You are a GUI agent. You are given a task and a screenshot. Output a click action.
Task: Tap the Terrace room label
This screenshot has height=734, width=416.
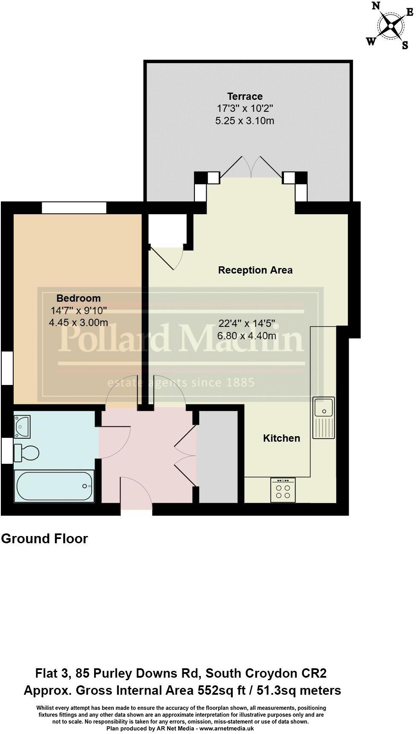coord(245,96)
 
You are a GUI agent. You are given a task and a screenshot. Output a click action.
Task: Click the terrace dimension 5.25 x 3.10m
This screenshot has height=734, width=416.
coord(245,121)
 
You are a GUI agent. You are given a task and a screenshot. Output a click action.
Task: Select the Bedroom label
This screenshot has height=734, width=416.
coord(78,298)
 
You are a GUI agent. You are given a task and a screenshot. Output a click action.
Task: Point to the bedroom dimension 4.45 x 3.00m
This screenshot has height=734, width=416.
coord(78,323)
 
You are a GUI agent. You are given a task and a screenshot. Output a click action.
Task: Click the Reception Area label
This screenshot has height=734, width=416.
coord(255,270)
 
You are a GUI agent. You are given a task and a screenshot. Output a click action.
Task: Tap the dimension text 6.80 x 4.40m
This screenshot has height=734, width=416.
coord(246,336)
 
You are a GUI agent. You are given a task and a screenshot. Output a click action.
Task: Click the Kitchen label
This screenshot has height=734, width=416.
coord(281,438)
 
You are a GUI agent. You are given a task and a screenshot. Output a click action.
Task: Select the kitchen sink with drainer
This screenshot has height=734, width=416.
coord(324,418)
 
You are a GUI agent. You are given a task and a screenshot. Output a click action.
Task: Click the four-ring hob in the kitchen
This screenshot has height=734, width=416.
coord(283,490)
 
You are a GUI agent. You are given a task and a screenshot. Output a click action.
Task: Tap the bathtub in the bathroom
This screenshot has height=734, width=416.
coord(54,486)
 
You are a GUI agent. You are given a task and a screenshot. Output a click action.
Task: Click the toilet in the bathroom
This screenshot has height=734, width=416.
coord(26,453)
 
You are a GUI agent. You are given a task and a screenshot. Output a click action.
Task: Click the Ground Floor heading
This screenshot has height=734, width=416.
coord(44,539)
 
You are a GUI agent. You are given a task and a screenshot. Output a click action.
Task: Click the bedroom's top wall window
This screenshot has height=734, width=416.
coord(74,208)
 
